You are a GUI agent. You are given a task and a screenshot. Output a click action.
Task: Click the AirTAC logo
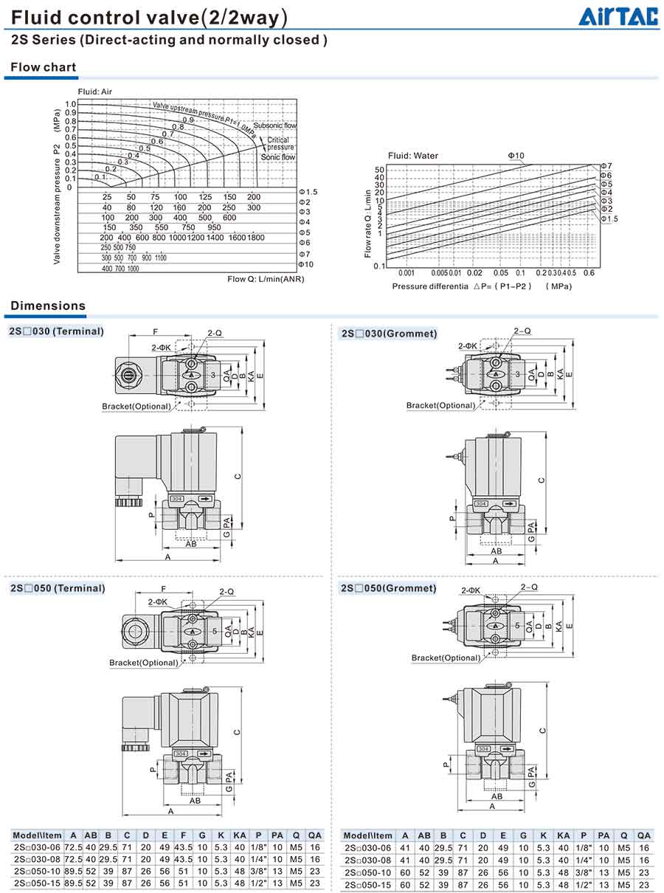(x=618, y=16)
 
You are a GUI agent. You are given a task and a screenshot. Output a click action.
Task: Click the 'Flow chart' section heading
(x=44, y=67)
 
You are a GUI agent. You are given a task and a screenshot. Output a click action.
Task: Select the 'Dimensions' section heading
(x=48, y=306)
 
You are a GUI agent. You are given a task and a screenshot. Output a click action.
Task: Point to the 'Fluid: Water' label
(x=413, y=156)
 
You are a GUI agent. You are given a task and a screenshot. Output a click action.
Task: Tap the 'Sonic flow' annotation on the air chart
(x=278, y=157)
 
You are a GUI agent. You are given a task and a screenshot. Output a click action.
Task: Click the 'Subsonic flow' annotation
(x=274, y=125)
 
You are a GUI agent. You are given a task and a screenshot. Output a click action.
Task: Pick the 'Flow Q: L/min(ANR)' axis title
(x=266, y=279)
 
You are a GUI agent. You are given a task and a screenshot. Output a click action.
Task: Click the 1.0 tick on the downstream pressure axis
(x=70, y=104)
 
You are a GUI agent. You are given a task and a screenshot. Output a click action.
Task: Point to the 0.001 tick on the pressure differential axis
(x=406, y=272)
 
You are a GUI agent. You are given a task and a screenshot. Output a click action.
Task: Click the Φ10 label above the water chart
(x=515, y=156)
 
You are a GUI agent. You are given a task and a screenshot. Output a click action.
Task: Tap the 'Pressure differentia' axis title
(x=430, y=286)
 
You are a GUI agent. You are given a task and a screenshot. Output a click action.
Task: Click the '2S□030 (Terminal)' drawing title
(x=57, y=331)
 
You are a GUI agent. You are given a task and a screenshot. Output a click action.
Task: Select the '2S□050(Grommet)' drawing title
(x=388, y=588)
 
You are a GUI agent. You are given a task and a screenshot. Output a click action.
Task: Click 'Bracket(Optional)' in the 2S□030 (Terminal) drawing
(x=136, y=406)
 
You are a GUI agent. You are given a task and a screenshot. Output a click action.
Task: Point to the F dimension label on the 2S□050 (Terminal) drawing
(x=162, y=589)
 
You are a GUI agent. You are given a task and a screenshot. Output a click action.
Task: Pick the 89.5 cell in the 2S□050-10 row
(x=73, y=871)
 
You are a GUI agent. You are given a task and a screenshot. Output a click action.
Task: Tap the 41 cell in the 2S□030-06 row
(x=404, y=848)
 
